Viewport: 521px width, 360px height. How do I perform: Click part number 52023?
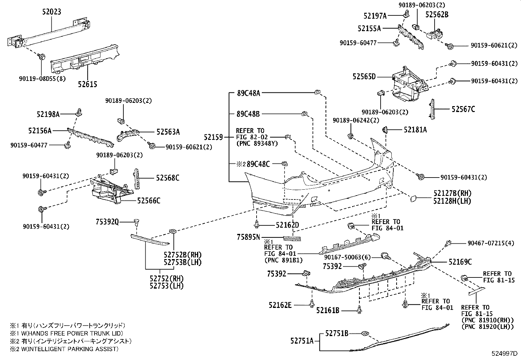[52, 12]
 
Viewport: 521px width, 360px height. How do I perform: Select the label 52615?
[87, 84]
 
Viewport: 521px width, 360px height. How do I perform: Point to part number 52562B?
[437, 14]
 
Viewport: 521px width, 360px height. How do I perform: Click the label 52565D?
[364, 77]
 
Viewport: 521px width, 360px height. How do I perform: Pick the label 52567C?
[463, 109]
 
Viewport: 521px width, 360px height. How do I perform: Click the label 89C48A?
[248, 93]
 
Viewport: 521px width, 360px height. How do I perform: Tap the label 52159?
[213, 137]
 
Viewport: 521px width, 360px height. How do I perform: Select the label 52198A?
[48, 114]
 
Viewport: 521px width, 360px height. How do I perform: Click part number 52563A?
[168, 132]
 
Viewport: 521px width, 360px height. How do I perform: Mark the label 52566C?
[149, 200]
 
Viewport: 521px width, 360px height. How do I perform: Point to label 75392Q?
[107, 222]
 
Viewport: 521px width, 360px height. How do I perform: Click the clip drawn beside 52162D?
[257, 224]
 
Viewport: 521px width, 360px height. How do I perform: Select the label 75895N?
[248, 237]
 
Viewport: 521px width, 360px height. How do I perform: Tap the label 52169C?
[460, 262]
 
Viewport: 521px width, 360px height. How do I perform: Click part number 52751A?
[302, 341]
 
